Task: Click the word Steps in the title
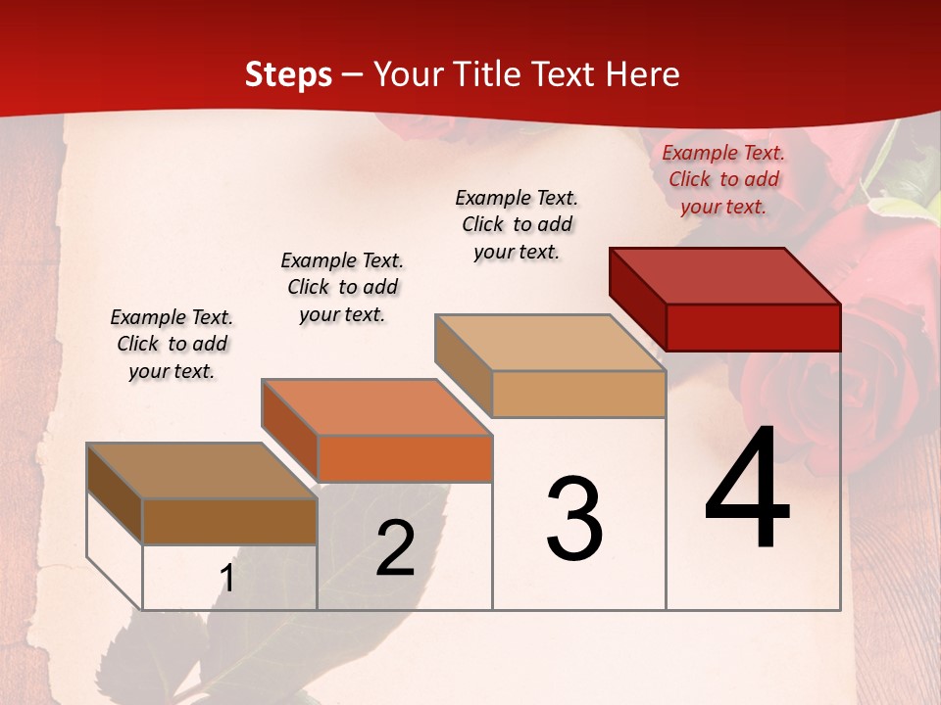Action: [x=288, y=74]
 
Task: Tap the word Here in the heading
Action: [x=642, y=74]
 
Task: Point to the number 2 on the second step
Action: [x=395, y=548]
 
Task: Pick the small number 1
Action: [x=227, y=579]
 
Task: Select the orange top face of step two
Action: [x=376, y=407]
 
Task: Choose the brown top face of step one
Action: [x=202, y=471]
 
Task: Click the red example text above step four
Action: [x=723, y=179]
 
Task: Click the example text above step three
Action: [x=517, y=224]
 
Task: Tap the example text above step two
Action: [x=342, y=287]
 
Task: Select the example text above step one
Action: [x=172, y=344]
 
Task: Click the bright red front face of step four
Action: [x=753, y=327]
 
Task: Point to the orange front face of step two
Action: [x=404, y=458]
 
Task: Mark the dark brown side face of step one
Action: [x=115, y=494]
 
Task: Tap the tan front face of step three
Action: [x=578, y=394]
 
